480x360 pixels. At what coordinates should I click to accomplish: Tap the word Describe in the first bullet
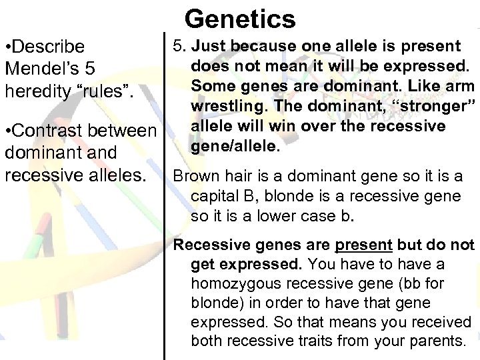point(49,47)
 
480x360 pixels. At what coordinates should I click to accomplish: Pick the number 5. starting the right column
point(179,47)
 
